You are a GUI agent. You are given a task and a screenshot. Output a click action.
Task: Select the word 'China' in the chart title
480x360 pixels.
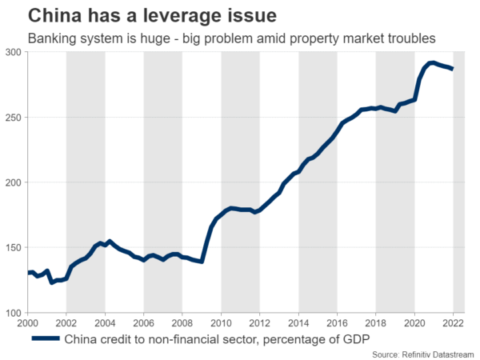pyautogui.click(x=52, y=15)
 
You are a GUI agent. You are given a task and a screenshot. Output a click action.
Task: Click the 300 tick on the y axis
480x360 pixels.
pyautogui.click(x=14, y=52)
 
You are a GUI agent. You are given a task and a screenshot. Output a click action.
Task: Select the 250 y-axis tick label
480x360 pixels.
pyautogui.click(x=14, y=118)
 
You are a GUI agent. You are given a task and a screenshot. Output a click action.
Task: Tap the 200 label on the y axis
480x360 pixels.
pyautogui.click(x=14, y=182)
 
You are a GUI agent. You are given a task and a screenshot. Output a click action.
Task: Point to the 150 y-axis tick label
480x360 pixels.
pyautogui.click(x=14, y=248)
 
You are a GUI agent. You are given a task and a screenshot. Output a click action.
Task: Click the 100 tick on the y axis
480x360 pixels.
pyautogui.click(x=14, y=313)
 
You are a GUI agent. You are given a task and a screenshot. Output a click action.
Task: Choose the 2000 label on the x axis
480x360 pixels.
pyautogui.click(x=28, y=322)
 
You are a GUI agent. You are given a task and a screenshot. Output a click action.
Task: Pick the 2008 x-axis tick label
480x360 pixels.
pyautogui.click(x=182, y=322)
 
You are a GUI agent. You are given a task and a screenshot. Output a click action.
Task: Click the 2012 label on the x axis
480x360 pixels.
pyautogui.click(x=260, y=322)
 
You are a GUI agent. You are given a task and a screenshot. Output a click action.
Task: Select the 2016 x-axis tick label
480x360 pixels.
pyautogui.click(x=338, y=322)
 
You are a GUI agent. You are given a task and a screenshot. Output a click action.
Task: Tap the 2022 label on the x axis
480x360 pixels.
pyautogui.click(x=453, y=322)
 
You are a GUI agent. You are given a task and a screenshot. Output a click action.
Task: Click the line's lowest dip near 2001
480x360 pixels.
pyautogui.click(x=52, y=282)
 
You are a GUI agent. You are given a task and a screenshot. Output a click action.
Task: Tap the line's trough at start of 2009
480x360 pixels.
pyautogui.click(x=202, y=261)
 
